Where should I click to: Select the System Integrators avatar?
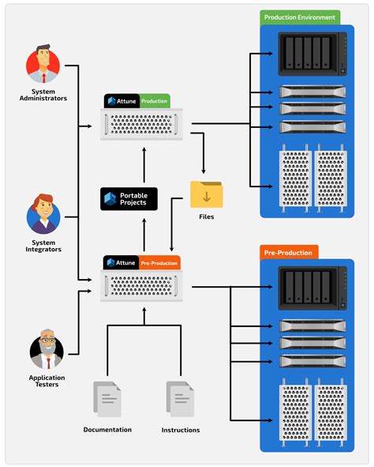coord(44,214)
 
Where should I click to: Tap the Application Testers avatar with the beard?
coord(47,352)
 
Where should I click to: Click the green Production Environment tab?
coord(299,17)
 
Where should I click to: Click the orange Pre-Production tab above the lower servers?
coord(289,253)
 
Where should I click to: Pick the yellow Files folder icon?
coord(207,194)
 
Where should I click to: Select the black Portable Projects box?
coord(129,198)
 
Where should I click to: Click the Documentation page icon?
coord(107,399)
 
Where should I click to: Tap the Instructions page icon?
coord(179,399)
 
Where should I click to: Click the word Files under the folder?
coord(207,216)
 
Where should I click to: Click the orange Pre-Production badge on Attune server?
coord(159,262)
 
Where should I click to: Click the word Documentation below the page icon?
coord(107,430)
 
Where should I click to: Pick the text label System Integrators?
coord(44,246)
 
